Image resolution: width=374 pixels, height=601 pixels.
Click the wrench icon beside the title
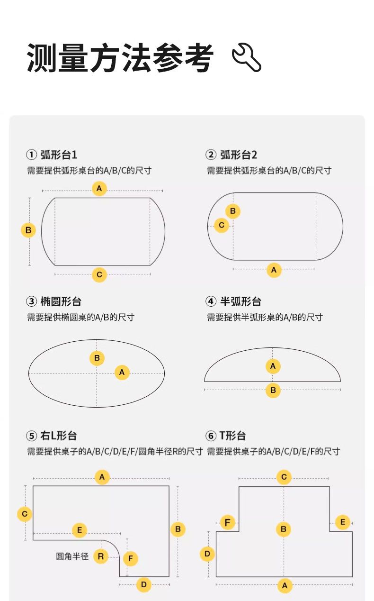click(x=246, y=57)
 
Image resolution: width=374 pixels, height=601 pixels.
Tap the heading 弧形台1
click(x=59, y=155)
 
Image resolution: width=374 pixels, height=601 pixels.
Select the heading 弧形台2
click(x=239, y=155)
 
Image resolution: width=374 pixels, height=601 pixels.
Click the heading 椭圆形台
click(x=61, y=301)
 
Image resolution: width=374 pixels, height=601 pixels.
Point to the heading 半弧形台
click(x=240, y=301)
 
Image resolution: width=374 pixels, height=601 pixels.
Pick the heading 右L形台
click(x=58, y=436)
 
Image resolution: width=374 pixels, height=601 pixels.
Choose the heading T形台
click(x=232, y=436)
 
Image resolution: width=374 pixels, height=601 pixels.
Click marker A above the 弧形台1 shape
click(x=99, y=188)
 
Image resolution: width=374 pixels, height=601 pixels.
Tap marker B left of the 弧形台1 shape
click(x=28, y=230)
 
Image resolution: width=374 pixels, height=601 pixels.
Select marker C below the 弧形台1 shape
click(x=99, y=274)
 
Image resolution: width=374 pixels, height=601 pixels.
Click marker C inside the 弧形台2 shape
click(x=222, y=225)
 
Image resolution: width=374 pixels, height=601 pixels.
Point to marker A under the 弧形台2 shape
click(x=274, y=270)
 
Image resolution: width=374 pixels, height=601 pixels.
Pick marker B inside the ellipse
click(x=97, y=358)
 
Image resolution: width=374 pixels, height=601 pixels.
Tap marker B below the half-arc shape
click(x=273, y=390)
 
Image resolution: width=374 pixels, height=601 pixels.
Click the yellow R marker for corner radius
click(x=101, y=556)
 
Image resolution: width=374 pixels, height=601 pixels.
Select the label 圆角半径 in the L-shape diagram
click(x=72, y=556)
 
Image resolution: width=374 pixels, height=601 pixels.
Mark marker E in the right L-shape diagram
click(x=80, y=530)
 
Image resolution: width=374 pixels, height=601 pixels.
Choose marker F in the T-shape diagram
click(x=227, y=522)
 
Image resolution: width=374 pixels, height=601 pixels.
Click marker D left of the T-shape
click(x=207, y=554)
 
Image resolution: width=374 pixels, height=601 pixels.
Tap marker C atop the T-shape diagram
click(x=284, y=477)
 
